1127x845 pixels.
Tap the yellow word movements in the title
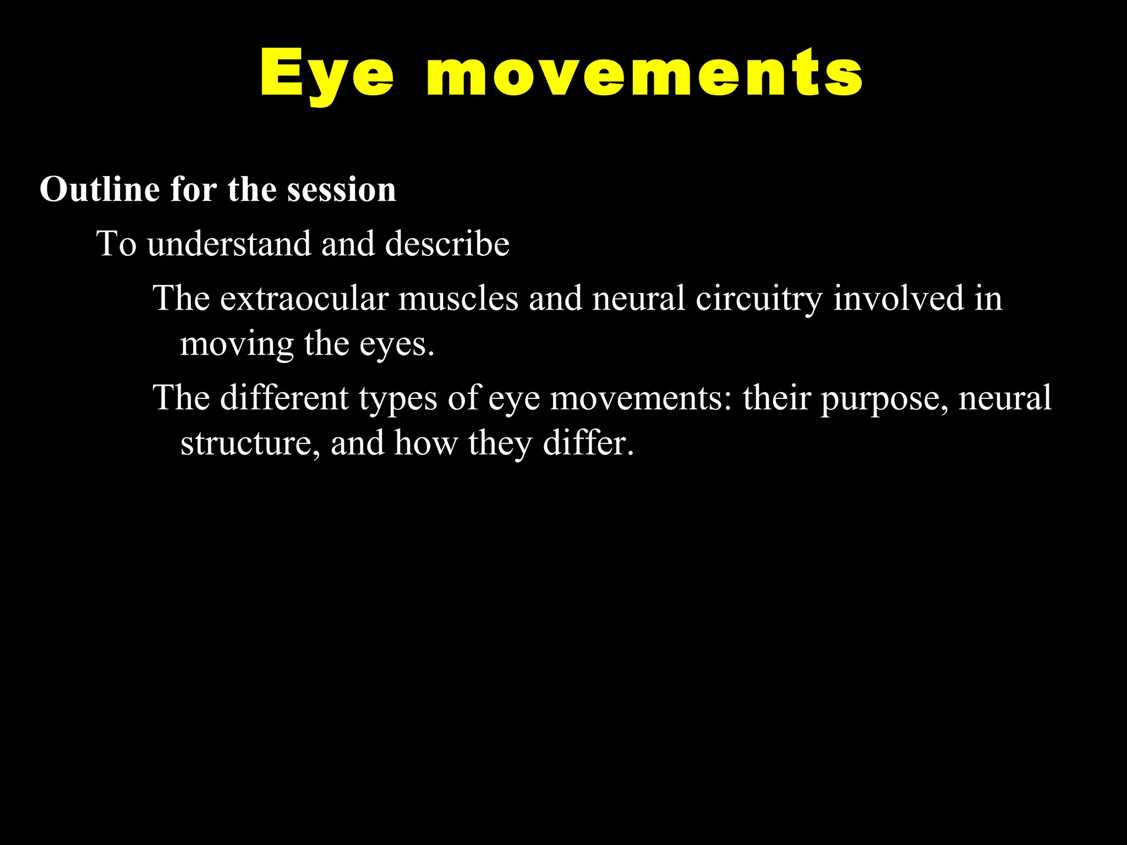tap(644, 74)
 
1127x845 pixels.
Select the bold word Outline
tap(100, 190)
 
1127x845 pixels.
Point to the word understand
tap(229, 244)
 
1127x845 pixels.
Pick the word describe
tap(447, 244)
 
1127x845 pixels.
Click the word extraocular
tap(304, 299)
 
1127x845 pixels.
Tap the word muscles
tap(458, 299)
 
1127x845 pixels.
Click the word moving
tap(237, 345)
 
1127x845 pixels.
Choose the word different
tap(285, 398)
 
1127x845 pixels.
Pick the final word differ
tap(588, 443)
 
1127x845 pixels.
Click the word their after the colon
tap(776, 398)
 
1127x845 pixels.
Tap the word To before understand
tap(117, 244)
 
